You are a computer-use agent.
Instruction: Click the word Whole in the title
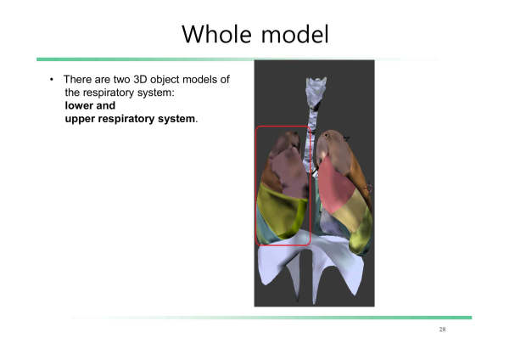click(x=217, y=34)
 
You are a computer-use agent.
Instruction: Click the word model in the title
click(x=295, y=34)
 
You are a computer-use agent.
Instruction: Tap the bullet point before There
click(x=52, y=79)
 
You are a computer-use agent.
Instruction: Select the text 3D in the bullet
click(x=141, y=79)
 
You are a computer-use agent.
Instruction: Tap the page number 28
click(x=442, y=329)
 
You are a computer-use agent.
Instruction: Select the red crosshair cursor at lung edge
click(x=369, y=188)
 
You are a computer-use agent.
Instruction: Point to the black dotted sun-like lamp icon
click(x=326, y=136)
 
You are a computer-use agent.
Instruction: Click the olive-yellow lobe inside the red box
click(x=282, y=213)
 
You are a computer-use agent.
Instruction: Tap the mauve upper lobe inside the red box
click(x=288, y=172)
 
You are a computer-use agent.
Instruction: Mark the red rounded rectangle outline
click(x=256, y=185)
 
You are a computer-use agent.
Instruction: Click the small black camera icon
click(x=346, y=138)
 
